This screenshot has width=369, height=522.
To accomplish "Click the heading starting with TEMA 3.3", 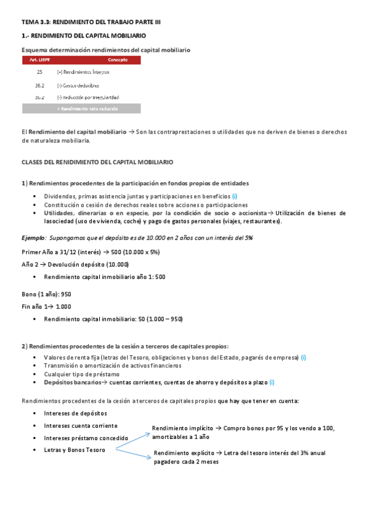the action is click(91, 22).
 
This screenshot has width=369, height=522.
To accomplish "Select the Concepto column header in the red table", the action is click(118, 60).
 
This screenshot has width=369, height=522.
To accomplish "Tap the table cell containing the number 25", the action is click(39, 73).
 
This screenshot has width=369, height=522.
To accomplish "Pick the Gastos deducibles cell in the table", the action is click(78, 86).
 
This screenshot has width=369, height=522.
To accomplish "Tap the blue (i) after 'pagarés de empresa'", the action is click(303, 358).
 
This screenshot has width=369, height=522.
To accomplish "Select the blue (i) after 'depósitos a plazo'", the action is click(272, 382).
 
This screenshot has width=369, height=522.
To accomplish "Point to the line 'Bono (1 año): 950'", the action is click(46, 294).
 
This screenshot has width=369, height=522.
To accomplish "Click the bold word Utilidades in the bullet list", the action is click(59, 213).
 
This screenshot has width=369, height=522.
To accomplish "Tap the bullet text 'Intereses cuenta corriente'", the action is click(81, 425).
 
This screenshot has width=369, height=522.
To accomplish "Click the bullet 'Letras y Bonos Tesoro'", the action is click(75, 450).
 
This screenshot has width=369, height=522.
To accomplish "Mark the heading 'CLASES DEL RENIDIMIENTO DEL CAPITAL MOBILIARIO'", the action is click(97, 162).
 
